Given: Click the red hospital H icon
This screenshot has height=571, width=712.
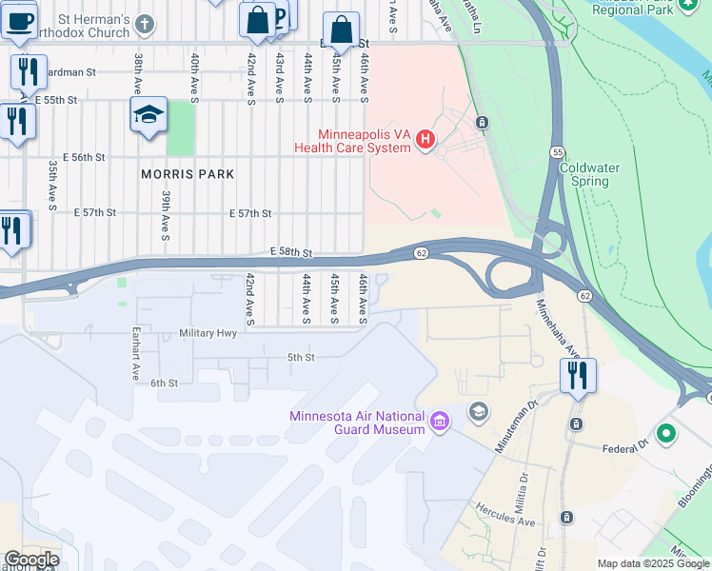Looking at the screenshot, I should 425,142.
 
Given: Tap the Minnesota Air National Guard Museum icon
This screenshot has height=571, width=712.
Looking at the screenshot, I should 439,421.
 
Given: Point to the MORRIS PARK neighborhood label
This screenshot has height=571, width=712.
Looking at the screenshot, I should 188,174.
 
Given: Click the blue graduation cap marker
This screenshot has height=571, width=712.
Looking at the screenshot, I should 148,115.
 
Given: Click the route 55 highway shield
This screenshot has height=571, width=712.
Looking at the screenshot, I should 556,151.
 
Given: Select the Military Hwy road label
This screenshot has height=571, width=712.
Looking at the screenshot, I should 207,334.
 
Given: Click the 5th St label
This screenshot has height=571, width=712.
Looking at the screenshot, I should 301,358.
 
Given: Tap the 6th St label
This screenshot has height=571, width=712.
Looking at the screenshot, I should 164,383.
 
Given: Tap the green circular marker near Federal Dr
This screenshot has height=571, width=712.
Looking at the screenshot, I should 666,434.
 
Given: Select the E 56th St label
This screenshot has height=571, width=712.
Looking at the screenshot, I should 83,157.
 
